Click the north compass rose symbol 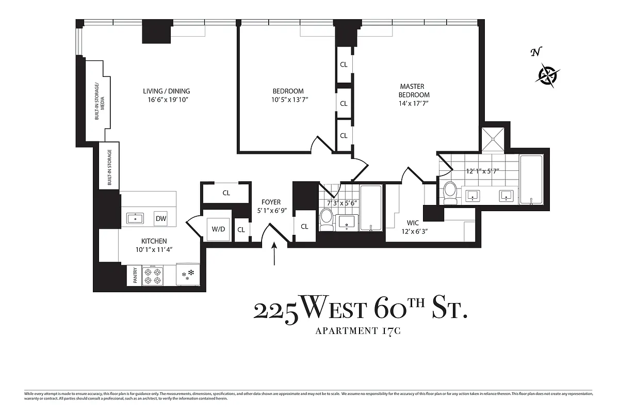[549, 74]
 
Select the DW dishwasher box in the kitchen [161, 218]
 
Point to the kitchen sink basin [136, 218]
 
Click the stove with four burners [152, 276]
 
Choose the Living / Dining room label [167, 91]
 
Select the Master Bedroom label [414, 91]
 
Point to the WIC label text [413, 223]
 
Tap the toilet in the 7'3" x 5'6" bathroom [327, 219]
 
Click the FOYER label [271, 202]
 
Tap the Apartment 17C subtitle [358, 331]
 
